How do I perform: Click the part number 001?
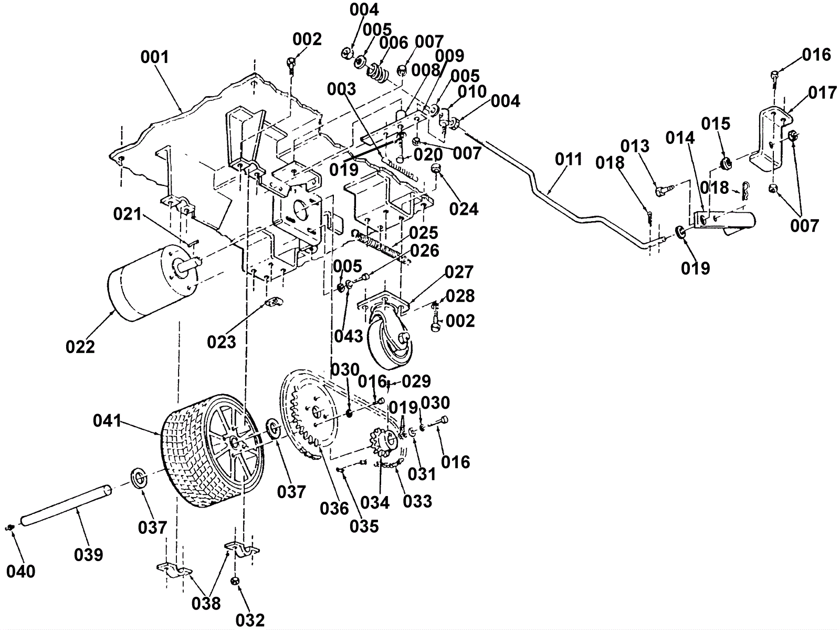[154, 57]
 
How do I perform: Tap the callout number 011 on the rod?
[569, 159]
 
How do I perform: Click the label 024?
[464, 209]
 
